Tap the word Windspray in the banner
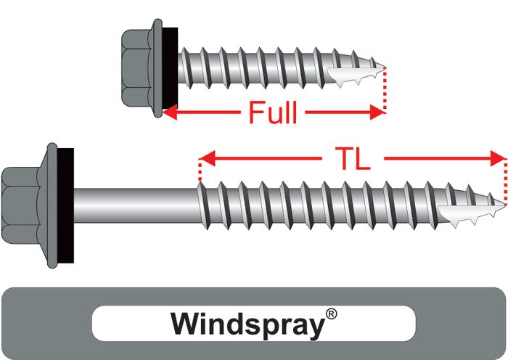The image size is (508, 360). [x=246, y=323]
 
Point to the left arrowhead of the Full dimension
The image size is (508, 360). [x=172, y=112]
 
